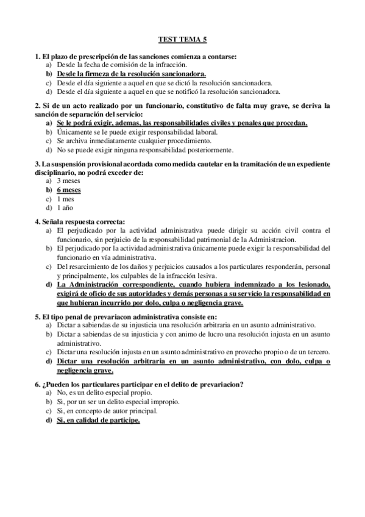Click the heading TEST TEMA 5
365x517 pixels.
click(183, 39)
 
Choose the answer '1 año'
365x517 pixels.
click(66, 208)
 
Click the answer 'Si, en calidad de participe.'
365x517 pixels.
click(98, 420)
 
